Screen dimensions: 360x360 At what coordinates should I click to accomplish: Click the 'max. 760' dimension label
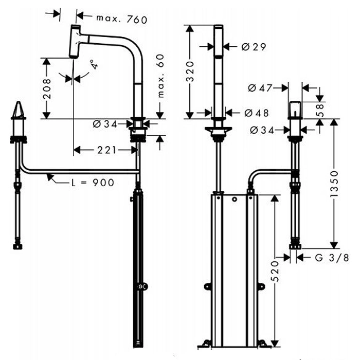point(121,20)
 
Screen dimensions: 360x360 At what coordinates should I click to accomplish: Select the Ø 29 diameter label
point(253,47)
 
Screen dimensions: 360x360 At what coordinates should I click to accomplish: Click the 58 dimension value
point(321,110)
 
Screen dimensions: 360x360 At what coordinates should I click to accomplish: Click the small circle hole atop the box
point(234,199)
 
